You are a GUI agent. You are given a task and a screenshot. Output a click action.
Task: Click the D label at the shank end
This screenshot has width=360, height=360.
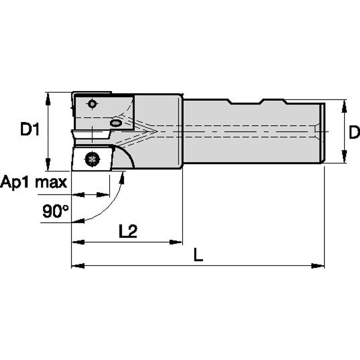coord(354,132)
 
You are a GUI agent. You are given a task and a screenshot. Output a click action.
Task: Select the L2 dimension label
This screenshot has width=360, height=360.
coord(128,231)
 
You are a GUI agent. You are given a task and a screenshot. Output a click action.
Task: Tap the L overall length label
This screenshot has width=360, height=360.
coord(198,255)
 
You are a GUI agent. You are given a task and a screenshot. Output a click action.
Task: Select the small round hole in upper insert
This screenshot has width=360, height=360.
coord(92,103)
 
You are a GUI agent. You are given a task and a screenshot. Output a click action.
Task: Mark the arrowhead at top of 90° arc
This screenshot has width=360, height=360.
coord(123,177)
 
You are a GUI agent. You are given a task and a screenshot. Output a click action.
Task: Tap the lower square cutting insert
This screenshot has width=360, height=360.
coord(91,159)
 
